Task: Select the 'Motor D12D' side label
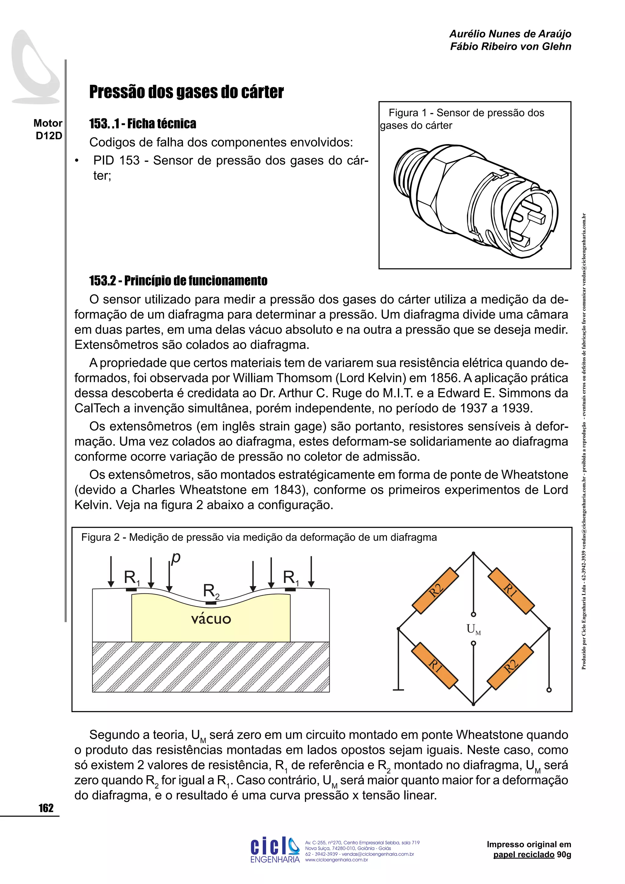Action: click(48, 129)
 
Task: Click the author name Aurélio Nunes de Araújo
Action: click(510, 34)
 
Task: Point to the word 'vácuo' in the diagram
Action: click(211, 619)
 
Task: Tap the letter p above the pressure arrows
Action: click(175, 557)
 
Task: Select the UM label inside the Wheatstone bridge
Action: click(473, 629)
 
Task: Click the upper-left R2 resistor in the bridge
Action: click(436, 591)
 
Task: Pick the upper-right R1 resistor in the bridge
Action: click(511, 591)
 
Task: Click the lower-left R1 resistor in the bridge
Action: click(435, 666)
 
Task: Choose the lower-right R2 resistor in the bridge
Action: click(511, 666)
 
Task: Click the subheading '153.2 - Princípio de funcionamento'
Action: click(178, 281)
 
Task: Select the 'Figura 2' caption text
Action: click(258, 537)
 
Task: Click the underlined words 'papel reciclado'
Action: click(524, 855)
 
